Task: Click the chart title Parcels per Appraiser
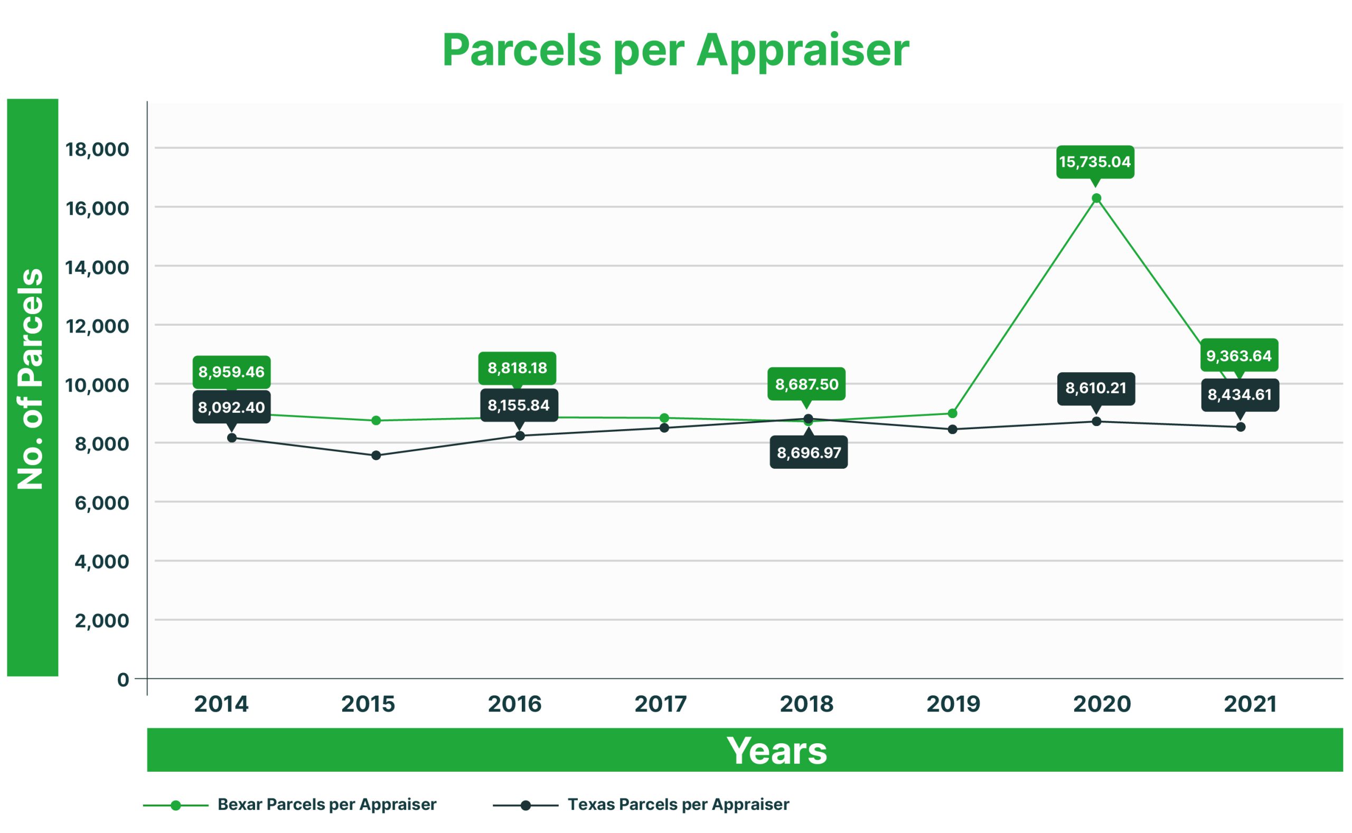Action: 675,50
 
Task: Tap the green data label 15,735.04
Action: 1095,162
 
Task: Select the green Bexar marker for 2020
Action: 1096,198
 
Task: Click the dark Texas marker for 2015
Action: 376,456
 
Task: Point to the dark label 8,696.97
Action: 809,453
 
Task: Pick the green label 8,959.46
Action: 231,372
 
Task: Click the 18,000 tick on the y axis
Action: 97,149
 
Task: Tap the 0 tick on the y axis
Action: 123,679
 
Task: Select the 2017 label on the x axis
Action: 660,704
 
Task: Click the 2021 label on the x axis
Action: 1250,704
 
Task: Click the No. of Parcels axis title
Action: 31,379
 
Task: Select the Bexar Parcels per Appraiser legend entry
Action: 326,804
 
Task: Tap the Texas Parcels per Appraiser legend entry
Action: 678,804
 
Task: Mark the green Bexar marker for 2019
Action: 952,413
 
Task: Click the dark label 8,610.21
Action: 1096,389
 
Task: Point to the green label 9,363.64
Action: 1239,356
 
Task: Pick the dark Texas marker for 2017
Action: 664,428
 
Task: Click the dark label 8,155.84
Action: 519,405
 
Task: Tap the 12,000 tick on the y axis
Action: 97,326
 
